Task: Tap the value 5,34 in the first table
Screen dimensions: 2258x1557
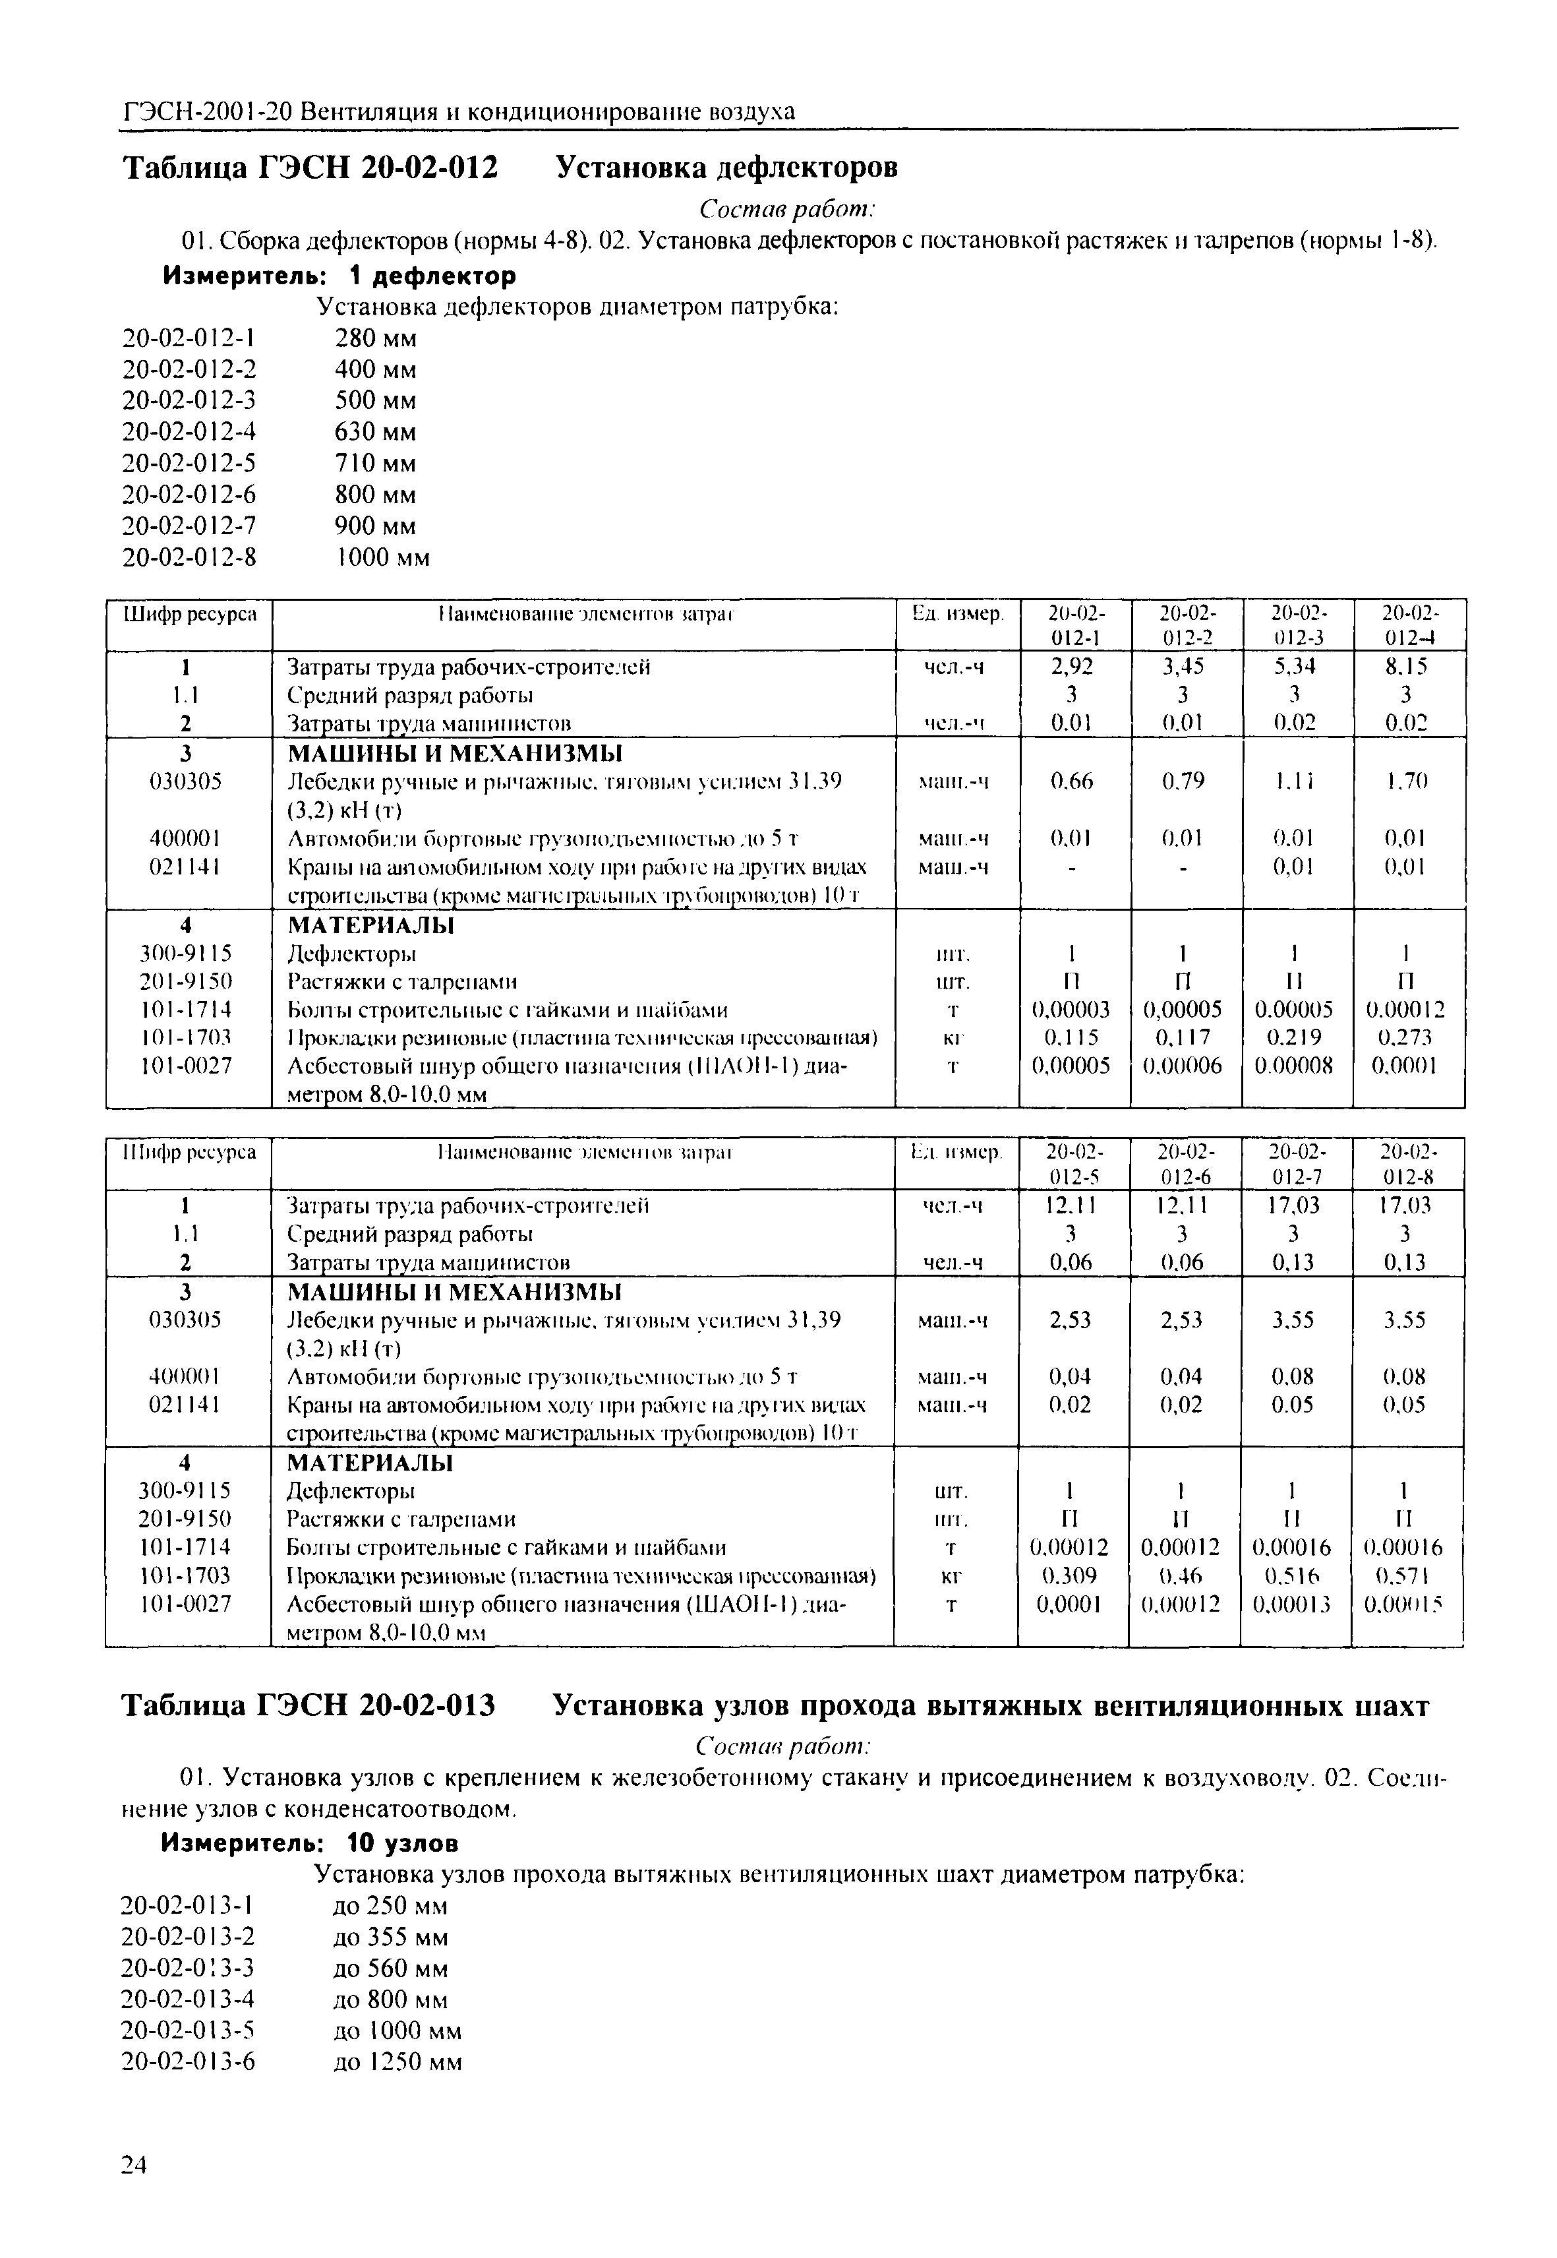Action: [x=1295, y=667]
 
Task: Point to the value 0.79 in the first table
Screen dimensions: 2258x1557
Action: [x=1183, y=781]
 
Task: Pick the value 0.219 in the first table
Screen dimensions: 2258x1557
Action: [x=1295, y=1037]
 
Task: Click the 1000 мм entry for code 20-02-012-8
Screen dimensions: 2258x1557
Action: [x=382, y=557]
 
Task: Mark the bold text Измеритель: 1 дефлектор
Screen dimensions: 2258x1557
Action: [x=339, y=276]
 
